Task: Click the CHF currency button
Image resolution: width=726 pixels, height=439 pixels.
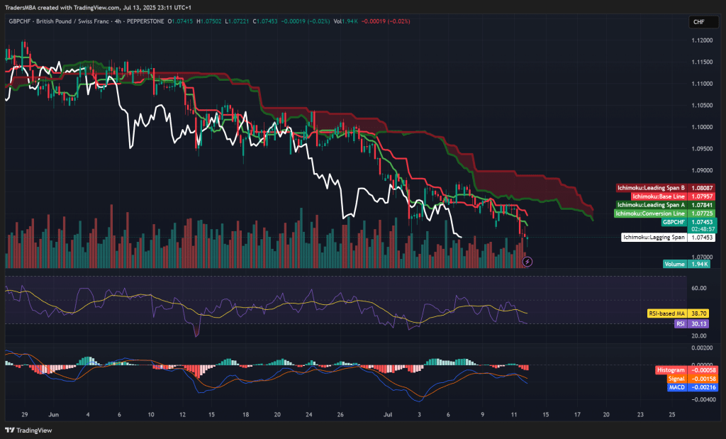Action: (x=698, y=22)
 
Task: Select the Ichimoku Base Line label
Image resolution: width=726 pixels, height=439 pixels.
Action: (x=658, y=196)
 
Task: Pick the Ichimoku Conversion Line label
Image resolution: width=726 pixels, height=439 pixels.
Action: (x=650, y=213)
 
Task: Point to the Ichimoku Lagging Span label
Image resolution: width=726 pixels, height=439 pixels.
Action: (x=654, y=238)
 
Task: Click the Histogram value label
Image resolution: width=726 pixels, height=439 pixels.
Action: (x=671, y=370)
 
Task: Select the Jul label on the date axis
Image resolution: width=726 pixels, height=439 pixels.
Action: (x=388, y=413)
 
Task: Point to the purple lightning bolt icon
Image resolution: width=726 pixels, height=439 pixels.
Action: (x=527, y=262)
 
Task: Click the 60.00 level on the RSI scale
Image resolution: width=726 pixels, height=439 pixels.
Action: (x=699, y=288)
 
